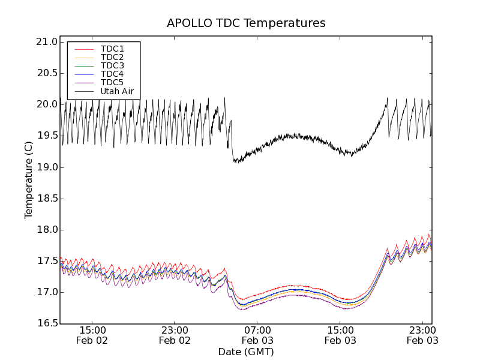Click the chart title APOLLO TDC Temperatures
(x=246, y=23)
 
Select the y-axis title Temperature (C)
(x=29, y=179)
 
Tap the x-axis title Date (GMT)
(x=246, y=352)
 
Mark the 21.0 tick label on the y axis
(x=47, y=42)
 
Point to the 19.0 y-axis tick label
(x=47, y=167)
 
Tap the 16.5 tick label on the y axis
(x=47, y=323)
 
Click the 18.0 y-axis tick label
(x=47, y=230)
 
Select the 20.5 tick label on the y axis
(x=47, y=73)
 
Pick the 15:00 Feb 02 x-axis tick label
(x=92, y=335)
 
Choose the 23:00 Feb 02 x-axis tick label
(x=175, y=335)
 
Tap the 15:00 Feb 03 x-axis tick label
(x=340, y=335)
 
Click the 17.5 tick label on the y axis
(x=47, y=261)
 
